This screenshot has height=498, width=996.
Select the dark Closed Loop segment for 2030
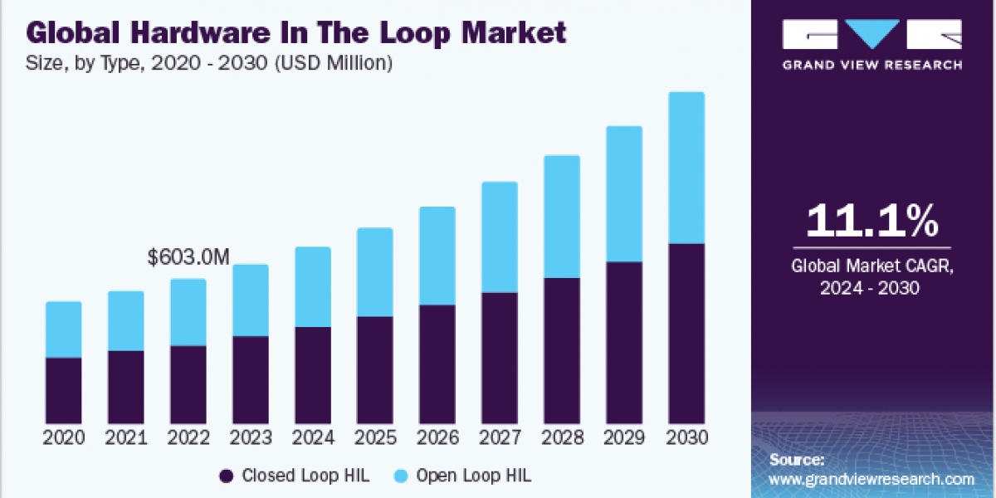pyautogui.click(x=686, y=333)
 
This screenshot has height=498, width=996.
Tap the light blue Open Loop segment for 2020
pyautogui.click(x=64, y=330)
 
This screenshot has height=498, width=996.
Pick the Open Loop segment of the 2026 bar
pyautogui.click(x=437, y=256)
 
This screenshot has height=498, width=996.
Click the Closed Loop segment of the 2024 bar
pyautogui.click(x=313, y=374)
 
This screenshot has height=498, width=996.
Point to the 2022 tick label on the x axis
pyautogui.click(x=188, y=438)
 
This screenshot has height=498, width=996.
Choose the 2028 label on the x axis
pyautogui.click(x=562, y=438)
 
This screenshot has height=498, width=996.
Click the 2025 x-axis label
pyautogui.click(x=375, y=438)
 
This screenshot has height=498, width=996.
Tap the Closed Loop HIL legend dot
pyautogui.click(x=226, y=476)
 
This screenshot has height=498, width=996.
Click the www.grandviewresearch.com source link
pyautogui.click(x=871, y=479)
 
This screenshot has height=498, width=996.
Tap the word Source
pyautogui.click(x=797, y=459)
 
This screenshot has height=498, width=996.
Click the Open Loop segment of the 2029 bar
pyautogui.click(x=624, y=194)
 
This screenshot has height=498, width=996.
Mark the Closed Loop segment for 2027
pyautogui.click(x=500, y=358)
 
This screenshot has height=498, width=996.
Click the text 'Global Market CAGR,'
pyautogui.click(x=872, y=266)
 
